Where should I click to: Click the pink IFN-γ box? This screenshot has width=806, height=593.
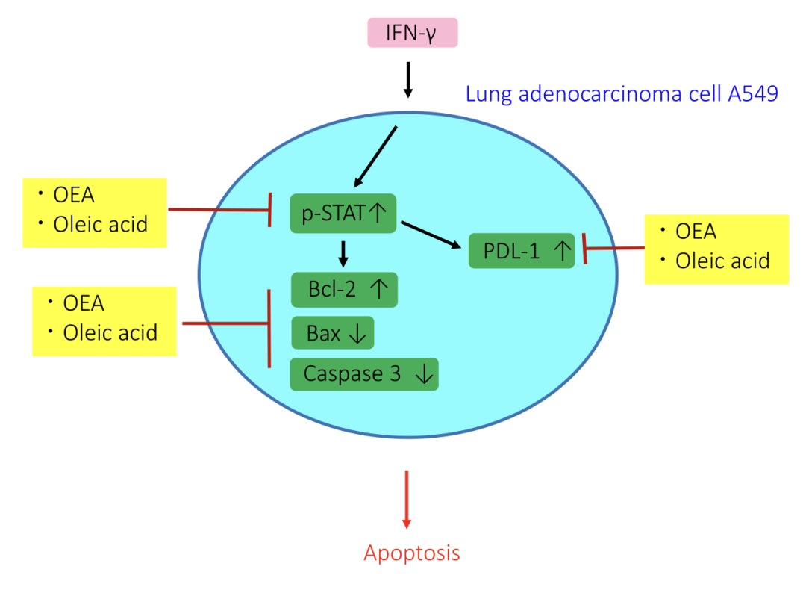tap(412, 33)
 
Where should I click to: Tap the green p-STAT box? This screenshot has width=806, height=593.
tap(343, 213)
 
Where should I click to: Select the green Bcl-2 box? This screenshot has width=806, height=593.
tap(344, 290)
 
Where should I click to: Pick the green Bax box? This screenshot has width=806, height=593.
tap(332, 333)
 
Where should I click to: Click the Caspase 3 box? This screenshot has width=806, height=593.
tap(363, 374)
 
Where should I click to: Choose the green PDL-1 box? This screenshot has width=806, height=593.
tap(522, 251)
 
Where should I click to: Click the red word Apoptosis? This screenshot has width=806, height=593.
tap(412, 553)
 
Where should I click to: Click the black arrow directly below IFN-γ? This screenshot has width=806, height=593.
tap(407, 80)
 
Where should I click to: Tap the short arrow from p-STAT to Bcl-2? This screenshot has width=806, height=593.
tap(343, 254)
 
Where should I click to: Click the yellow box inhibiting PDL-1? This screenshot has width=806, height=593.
tap(716, 249)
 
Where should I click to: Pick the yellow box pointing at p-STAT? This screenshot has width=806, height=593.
tap(94, 212)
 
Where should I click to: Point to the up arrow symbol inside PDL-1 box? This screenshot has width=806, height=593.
tap(563, 251)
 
